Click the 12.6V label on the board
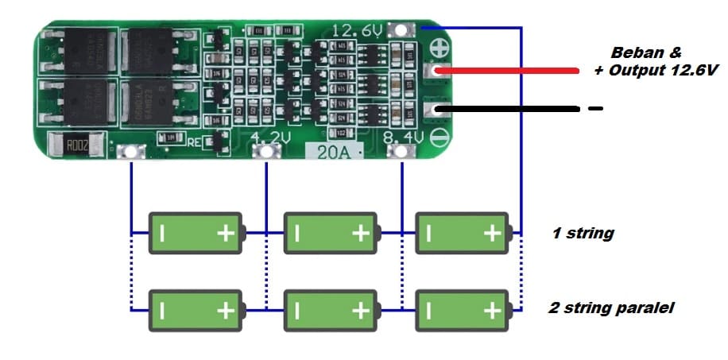coord(358,31)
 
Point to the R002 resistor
coord(76,146)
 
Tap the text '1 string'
coord(583,234)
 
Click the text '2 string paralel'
coord(611,308)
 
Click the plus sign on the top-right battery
coord(492,233)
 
